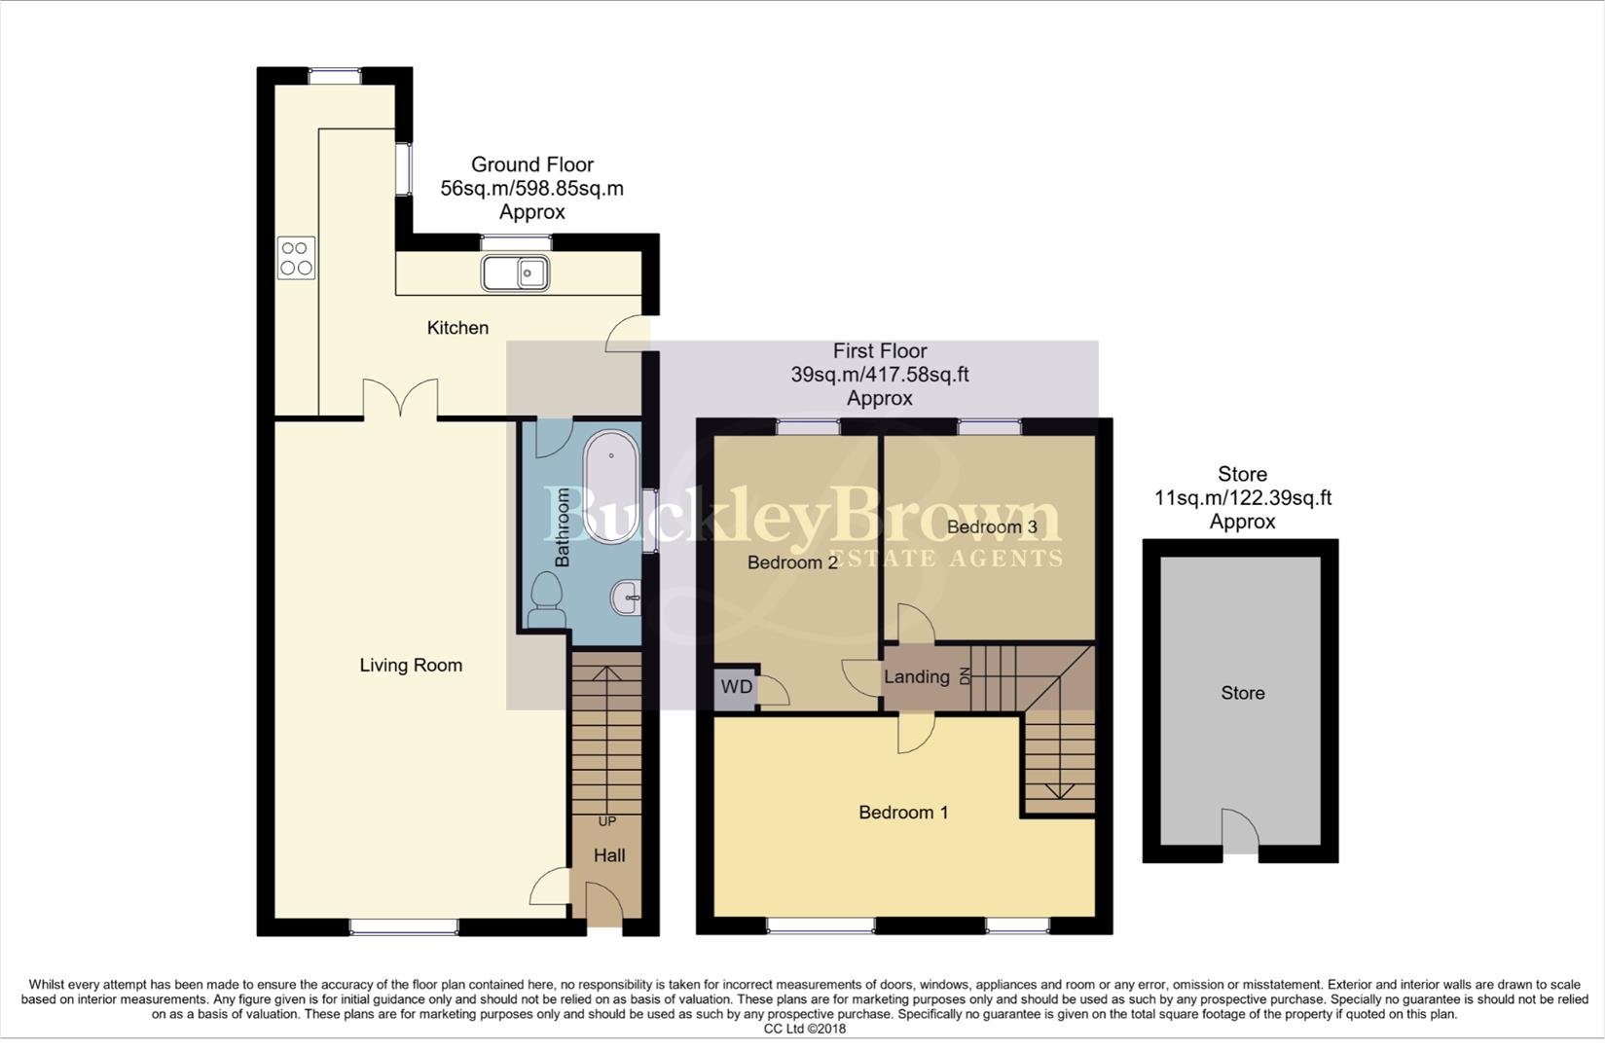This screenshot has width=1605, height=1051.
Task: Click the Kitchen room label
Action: coord(457,328)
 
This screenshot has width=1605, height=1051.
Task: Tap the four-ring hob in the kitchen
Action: coord(296,258)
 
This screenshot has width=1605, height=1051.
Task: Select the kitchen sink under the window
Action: coord(516,273)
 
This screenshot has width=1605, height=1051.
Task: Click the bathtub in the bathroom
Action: coord(611,487)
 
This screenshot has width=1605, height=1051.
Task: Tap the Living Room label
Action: coord(411,666)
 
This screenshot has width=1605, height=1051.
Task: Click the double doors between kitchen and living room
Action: coord(400,399)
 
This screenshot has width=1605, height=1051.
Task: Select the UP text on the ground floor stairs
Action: coord(607,821)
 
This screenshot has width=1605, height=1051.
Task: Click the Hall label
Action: coord(609,855)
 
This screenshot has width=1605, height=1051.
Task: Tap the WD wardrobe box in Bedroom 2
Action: coord(736,687)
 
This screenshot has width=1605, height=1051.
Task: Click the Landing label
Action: coord(916,677)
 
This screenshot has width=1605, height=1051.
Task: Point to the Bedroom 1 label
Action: coord(903,813)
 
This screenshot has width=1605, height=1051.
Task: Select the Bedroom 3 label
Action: coord(992,527)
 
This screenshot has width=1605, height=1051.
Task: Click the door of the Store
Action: coord(1239,832)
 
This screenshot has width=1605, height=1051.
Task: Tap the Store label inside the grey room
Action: coord(1243,693)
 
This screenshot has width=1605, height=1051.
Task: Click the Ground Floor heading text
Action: coord(531,164)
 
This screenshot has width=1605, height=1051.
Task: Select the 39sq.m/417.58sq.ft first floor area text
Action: coord(879,375)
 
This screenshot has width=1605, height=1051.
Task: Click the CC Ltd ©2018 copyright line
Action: coord(804,1029)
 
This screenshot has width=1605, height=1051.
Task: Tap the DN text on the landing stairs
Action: coord(966,676)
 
